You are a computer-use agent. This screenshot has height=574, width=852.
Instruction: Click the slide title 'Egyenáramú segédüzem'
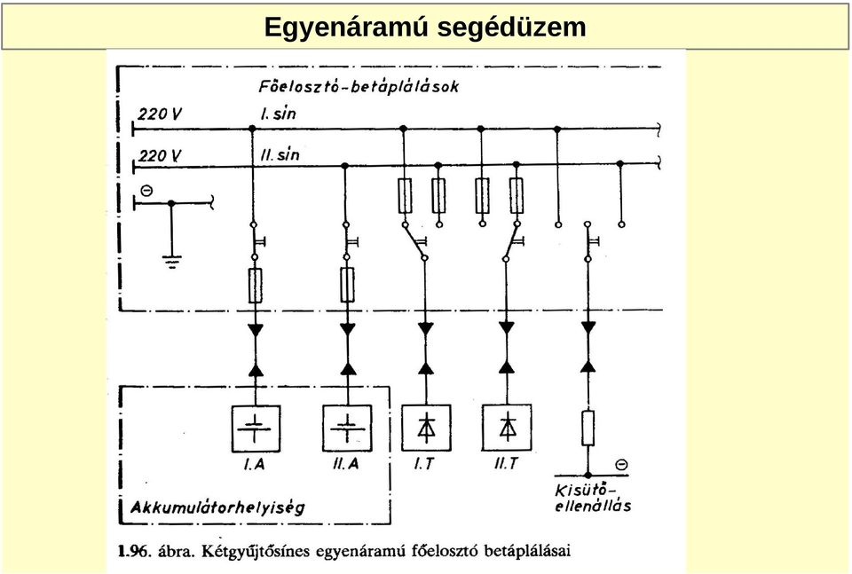pyautogui.click(x=425, y=27)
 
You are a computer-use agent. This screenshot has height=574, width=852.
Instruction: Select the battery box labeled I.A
pyautogui.click(x=256, y=429)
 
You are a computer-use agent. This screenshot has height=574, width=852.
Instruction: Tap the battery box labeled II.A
pyautogui.click(x=347, y=429)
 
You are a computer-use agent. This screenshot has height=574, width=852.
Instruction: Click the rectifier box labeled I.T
pyautogui.click(x=426, y=428)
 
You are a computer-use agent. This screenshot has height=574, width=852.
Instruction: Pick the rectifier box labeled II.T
pyautogui.click(x=507, y=428)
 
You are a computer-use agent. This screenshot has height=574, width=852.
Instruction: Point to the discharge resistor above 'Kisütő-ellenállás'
pyautogui.click(x=588, y=429)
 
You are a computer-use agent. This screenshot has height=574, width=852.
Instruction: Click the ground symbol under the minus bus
pyautogui.click(x=171, y=263)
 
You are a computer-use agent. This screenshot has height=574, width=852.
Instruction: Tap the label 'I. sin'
pyautogui.click(x=278, y=114)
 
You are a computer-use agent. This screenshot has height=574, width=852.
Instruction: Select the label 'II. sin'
pyautogui.click(x=280, y=154)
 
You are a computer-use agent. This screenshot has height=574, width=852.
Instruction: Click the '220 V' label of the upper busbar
pyautogui.click(x=160, y=114)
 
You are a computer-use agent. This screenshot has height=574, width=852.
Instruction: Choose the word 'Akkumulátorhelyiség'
pyautogui.click(x=218, y=507)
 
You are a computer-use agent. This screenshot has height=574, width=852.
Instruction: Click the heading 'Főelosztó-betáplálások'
pyautogui.click(x=359, y=86)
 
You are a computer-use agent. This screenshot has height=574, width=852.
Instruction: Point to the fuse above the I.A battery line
pyautogui.click(x=256, y=285)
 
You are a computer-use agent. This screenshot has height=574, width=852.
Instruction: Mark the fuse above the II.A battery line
pyautogui.click(x=347, y=285)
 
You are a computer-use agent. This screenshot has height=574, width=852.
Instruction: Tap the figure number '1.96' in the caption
pyautogui.click(x=133, y=551)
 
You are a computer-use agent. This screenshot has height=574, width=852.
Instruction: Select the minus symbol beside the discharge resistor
pyautogui.click(x=621, y=465)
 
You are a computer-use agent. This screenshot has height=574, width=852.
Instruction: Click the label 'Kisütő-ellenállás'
pyautogui.click(x=593, y=498)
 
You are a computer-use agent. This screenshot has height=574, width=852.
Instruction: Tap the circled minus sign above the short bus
pyautogui.click(x=146, y=191)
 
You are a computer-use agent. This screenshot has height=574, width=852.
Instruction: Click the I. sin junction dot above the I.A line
pyautogui.click(x=252, y=129)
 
